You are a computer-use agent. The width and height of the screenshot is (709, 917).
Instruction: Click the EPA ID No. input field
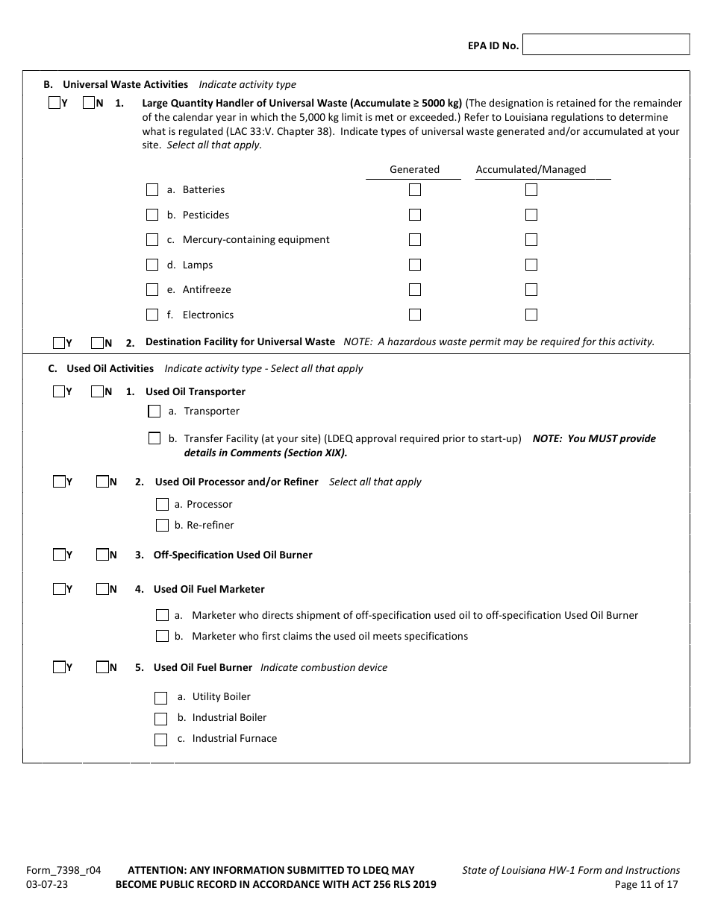[606, 45]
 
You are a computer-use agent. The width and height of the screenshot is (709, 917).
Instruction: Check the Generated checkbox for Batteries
[415, 190]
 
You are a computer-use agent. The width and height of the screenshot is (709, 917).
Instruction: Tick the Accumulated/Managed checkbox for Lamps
[531, 265]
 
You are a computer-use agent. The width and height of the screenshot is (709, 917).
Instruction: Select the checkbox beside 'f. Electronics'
[152, 315]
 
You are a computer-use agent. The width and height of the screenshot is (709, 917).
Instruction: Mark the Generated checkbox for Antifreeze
[415, 290]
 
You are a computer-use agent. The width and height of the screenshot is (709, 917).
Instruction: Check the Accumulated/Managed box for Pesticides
[531, 215]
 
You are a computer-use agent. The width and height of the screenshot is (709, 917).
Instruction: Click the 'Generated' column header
[414, 169]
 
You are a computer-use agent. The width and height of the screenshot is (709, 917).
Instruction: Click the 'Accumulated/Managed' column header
[531, 169]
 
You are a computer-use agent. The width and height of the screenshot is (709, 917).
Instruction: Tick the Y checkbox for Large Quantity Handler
[54, 104]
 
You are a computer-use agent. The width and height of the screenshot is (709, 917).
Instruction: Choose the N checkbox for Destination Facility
[97, 343]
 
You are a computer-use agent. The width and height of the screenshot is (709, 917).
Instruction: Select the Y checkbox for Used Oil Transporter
[59, 391]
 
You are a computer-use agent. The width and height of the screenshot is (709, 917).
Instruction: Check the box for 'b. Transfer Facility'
[154, 438]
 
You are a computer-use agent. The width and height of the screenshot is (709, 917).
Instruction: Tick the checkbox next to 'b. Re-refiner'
[162, 526]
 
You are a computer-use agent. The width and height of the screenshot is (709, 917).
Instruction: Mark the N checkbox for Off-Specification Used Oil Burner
[102, 555]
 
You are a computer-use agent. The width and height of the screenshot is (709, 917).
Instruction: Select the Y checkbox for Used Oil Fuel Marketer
[59, 589]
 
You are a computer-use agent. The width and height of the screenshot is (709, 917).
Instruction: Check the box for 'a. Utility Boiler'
[160, 698]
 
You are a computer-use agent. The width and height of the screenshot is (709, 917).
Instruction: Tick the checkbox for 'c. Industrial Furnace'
[160, 740]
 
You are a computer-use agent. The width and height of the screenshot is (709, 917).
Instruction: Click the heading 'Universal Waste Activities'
[125, 84]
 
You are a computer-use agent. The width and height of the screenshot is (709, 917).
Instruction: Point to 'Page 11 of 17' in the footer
[646, 885]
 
